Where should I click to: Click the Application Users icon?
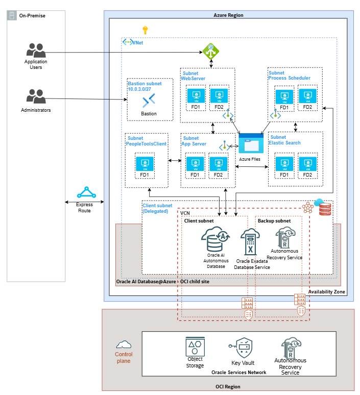(x=36, y=51)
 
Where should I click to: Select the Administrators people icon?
(x=36, y=96)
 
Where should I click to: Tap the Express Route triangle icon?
(x=86, y=193)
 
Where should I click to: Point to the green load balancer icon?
(x=210, y=50)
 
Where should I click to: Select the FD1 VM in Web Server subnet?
(x=195, y=95)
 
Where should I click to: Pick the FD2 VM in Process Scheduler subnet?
(x=307, y=95)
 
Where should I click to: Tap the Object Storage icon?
(x=195, y=348)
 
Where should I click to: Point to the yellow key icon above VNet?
(x=145, y=30)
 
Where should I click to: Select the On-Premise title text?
(x=32, y=16)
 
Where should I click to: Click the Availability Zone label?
(x=327, y=292)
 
